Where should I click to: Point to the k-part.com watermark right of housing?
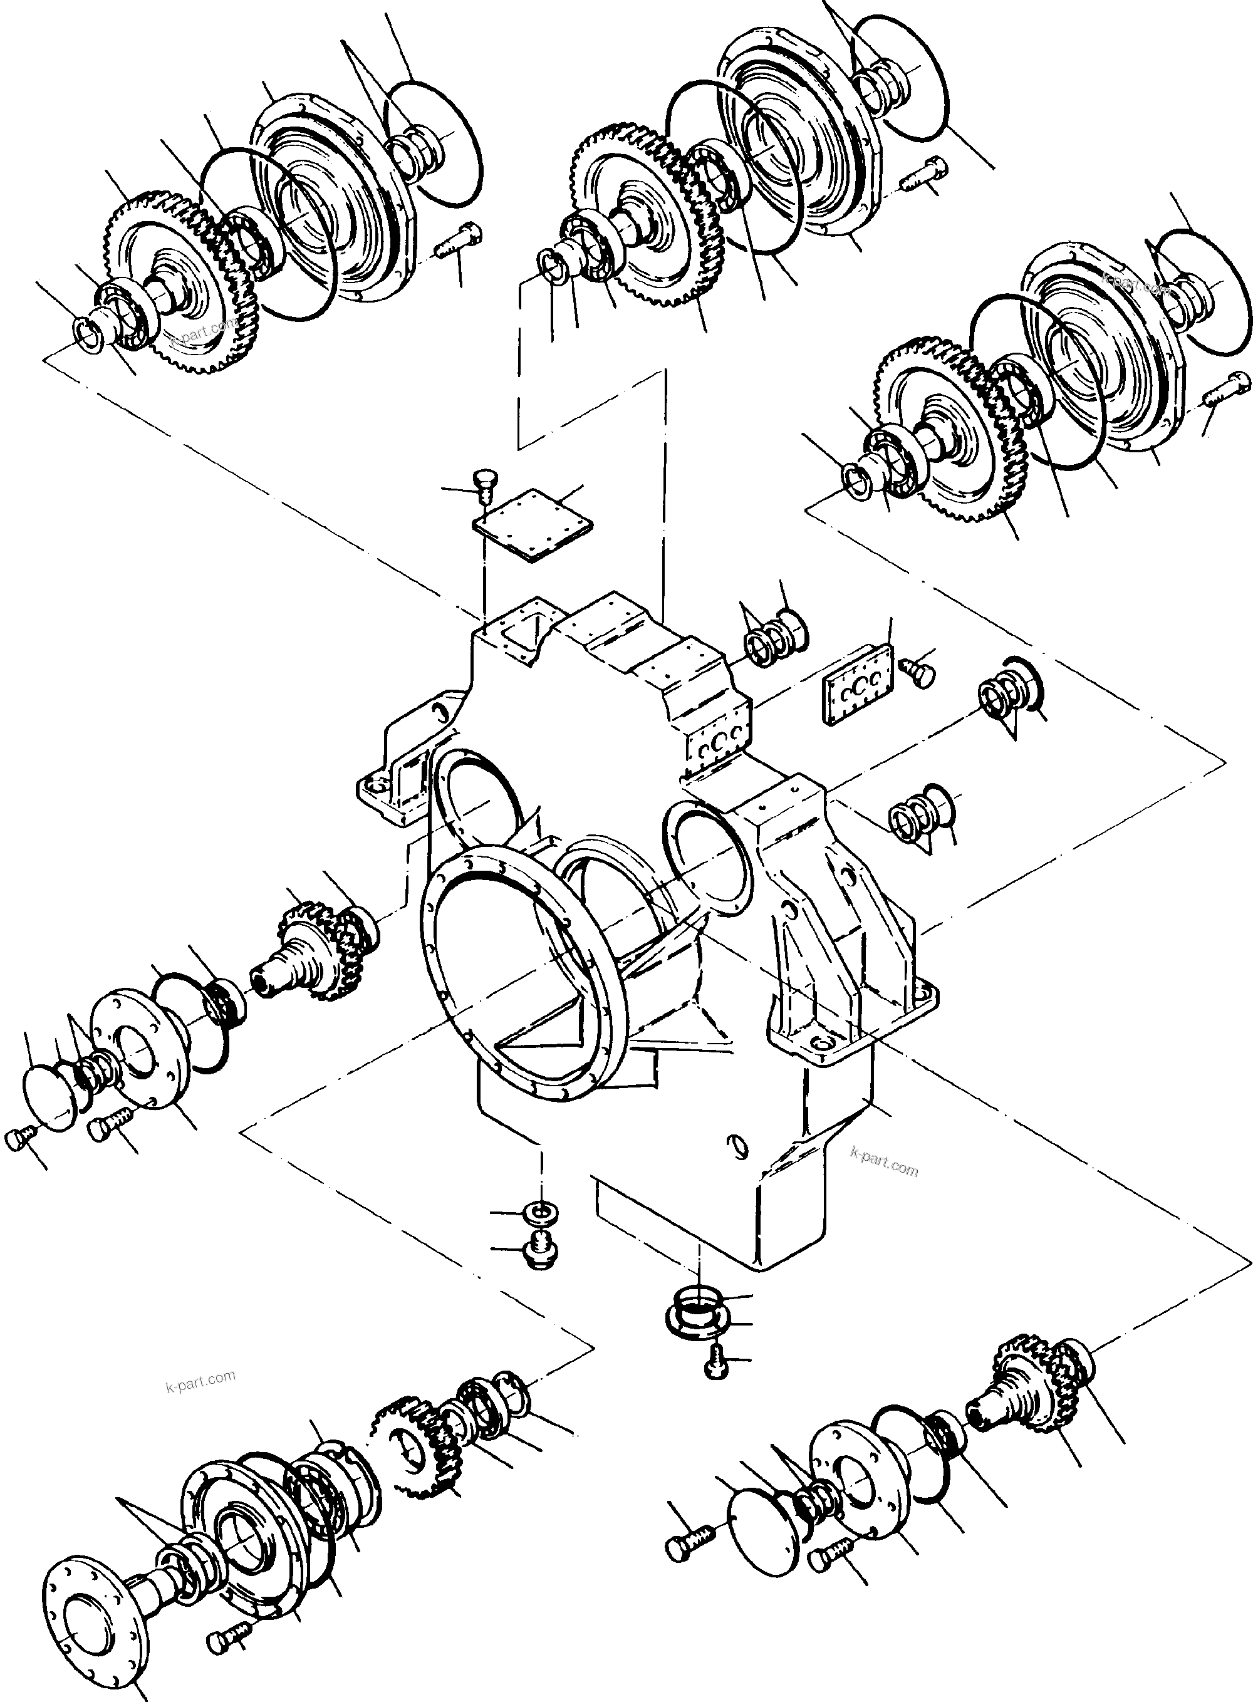[x=885, y=1170]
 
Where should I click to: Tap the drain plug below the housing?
[x=541, y=1249]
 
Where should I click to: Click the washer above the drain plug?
[x=539, y=1212]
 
